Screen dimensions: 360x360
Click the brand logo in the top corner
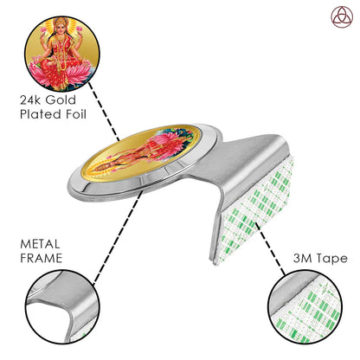pos(342,17)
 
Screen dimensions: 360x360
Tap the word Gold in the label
pos(61,100)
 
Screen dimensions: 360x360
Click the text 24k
pos(31,100)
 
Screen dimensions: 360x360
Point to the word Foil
pos(76,114)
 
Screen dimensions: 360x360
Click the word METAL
pos(40,244)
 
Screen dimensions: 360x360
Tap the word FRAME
pos(42,258)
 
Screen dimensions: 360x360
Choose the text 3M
pos(303,258)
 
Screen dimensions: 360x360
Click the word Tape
pos(332,259)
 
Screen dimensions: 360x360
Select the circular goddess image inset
pos(62,54)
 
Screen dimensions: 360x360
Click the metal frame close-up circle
pos(62,307)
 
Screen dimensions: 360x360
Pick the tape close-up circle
pos(305,307)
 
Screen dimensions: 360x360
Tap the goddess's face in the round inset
pos(61,28)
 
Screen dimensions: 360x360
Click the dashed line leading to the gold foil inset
pos(104,112)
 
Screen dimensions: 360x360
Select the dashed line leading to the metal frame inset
pos(118,236)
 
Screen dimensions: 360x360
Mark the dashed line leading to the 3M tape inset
pos(271,248)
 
